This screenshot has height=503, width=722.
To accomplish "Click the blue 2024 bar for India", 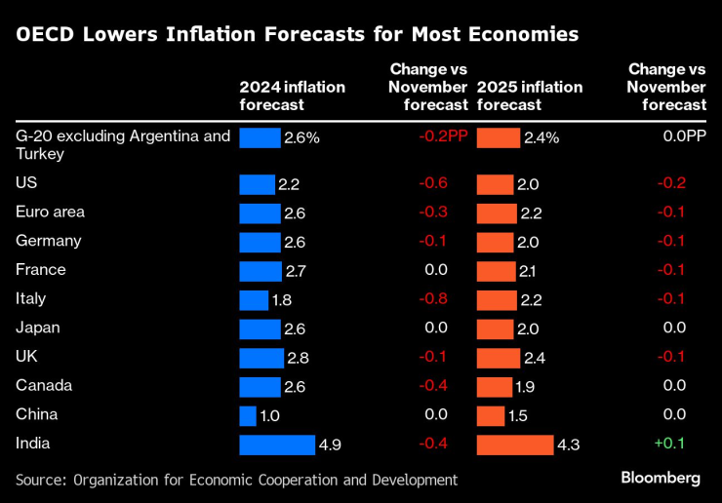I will [x=277, y=445].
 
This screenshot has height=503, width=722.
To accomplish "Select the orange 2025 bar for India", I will [x=514, y=445].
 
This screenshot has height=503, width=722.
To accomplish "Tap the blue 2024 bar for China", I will [x=248, y=416].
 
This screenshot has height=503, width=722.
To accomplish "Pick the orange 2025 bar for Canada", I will [x=494, y=387].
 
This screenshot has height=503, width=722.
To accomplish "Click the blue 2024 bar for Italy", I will [x=254, y=300].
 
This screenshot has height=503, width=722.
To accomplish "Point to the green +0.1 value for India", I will [x=670, y=445].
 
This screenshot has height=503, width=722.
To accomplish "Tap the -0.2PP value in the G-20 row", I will [x=442, y=137].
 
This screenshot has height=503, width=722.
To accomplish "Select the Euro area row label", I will [x=51, y=212].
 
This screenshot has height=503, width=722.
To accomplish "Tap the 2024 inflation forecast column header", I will [x=292, y=96].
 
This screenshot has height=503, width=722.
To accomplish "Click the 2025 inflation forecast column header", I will [x=530, y=96].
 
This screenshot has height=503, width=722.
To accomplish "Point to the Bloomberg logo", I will [x=661, y=478].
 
